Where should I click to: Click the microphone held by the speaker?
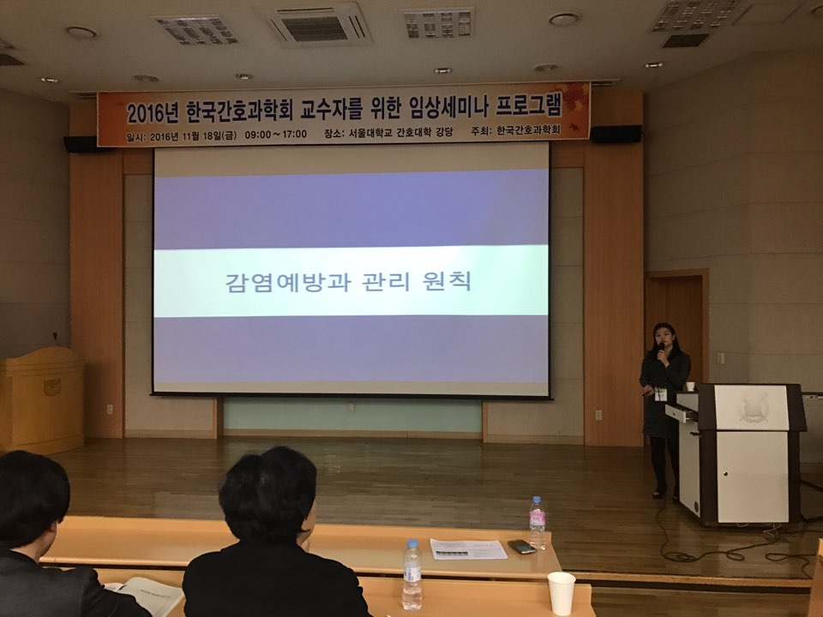pos(661,349)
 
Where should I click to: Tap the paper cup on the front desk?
pos(561,593)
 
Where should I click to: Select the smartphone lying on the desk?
pos(522,547)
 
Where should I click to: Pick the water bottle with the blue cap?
pos(412,575)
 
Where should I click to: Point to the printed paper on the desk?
pos(468,548)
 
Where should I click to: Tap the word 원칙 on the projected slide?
pos(447,282)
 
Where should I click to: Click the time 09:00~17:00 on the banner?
pos(275,135)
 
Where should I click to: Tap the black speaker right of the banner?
pos(616,134)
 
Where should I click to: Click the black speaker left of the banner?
pos(81,144)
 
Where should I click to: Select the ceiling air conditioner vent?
pos(315,25)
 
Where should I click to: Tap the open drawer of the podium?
pos(682,412)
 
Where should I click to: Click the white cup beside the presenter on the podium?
pos(690,386)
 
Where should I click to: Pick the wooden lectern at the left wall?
pos(41,398)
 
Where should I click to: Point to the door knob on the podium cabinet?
pos(726,474)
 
